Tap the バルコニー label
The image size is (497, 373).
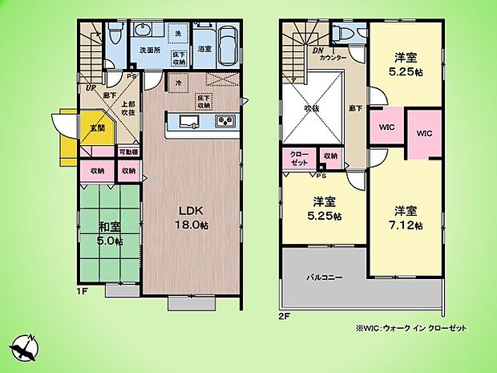coord(325,277)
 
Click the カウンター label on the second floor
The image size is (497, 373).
coord(333,59)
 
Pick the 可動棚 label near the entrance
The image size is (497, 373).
coord(128,152)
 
